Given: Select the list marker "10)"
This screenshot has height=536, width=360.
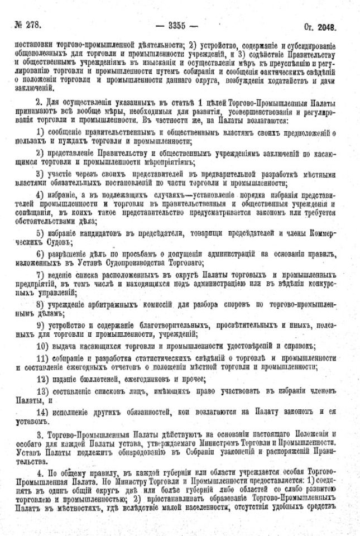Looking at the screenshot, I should pos(41,346).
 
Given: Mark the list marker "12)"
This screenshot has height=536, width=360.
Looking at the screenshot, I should pos(41,379).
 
